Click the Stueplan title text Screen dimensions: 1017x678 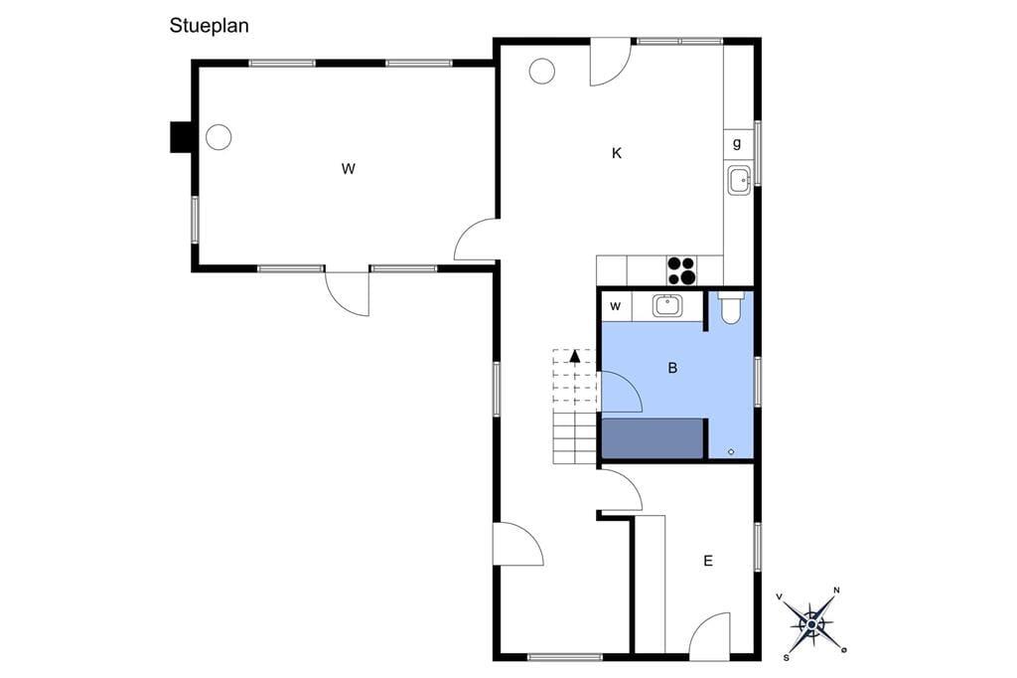209,26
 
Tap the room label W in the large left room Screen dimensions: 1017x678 349,169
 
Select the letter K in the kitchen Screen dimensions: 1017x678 617,153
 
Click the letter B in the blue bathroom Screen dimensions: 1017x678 672,368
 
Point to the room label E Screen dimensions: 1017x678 708,561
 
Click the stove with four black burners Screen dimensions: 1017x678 681,270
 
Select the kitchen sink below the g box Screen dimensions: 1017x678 739,180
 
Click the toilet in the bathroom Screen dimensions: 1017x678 731,307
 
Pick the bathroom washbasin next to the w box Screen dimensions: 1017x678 666,305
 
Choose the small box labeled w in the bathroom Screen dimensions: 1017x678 616,306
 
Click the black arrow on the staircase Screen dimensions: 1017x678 575,355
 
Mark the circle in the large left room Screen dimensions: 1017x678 218,137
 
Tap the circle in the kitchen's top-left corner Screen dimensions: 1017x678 541,71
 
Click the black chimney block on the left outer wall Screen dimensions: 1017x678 181,137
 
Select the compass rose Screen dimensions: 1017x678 811,624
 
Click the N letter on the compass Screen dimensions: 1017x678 836,591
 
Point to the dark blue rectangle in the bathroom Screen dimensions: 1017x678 653,438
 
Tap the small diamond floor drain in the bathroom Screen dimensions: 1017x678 731,452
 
